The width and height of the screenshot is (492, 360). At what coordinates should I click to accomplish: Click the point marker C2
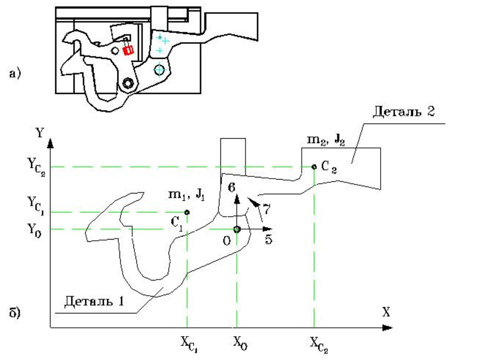click(x=314, y=167)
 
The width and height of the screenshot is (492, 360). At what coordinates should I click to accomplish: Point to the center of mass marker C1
click(x=187, y=212)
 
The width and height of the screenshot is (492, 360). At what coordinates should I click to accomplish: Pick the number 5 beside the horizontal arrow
click(x=269, y=239)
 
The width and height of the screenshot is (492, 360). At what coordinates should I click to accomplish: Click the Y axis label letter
click(x=40, y=133)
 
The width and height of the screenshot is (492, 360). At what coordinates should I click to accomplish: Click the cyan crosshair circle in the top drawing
click(x=160, y=69)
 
